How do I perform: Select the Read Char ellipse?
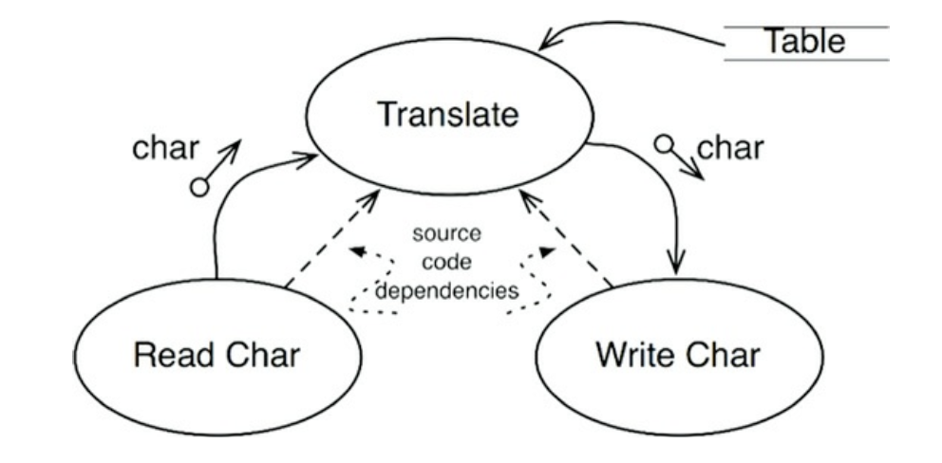pos(217,357)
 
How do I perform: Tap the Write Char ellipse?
pos(677,357)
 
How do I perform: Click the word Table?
pos(805,42)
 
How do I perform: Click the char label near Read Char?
pos(166,149)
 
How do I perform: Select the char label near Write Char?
pos(730,149)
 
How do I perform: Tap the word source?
pos(446,232)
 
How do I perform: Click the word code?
pos(446,261)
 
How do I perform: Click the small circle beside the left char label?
pos(199,188)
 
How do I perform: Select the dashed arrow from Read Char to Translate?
pos(328,241)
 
